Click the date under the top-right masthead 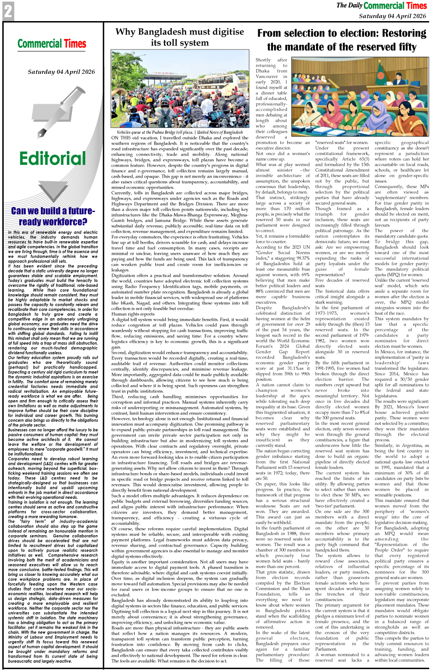(393, 16)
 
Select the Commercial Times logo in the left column (52, 44)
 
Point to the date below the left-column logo (61, 72)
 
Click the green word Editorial (52, 158)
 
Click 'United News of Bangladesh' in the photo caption (220, 132)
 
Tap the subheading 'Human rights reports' (133, 314)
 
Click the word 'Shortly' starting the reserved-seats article (263, 60)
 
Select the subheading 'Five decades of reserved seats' (342, 283)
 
